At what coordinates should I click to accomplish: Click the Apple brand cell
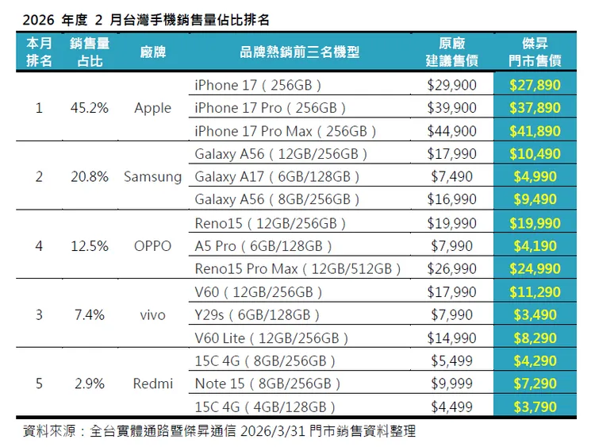click(152, 108)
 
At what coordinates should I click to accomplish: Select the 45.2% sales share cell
click(89, 108)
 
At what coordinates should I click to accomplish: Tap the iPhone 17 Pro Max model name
click(285, 131)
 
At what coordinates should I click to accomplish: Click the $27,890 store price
click(535, 85)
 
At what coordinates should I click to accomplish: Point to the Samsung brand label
click(152, 177)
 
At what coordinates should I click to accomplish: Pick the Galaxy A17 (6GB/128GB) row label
click(277, 177)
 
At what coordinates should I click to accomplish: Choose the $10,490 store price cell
click(535, 154)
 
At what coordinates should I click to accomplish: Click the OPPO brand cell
click(152, 246)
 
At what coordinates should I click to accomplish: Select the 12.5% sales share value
click(89, 246)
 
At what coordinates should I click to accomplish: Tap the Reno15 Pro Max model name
click(297, 269)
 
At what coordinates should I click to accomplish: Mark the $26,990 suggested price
click(451, 269)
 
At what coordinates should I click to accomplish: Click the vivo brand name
click(152, 315)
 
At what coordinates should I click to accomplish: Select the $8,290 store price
click(535, 338)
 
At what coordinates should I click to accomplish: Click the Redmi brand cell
click(152, 384)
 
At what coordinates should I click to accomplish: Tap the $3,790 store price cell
click(535, 407)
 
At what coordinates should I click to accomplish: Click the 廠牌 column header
click(152, 52)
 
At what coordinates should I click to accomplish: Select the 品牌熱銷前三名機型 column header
click(299, 52)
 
